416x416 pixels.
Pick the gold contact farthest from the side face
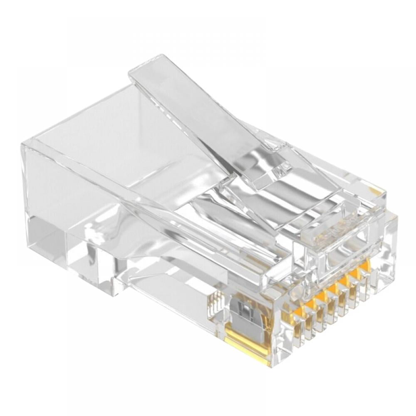pyautogui.click(x=365, y=266)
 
